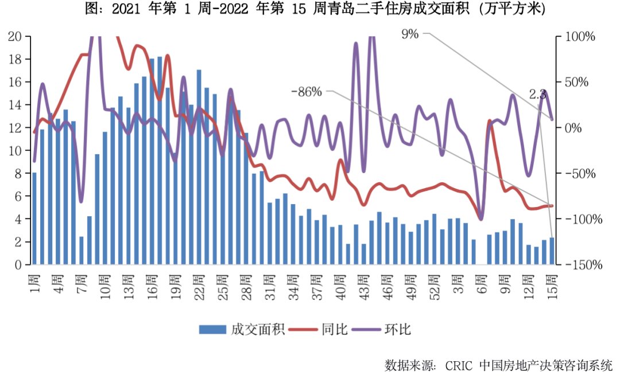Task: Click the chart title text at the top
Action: point(311,10)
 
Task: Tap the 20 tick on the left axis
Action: point(15,36)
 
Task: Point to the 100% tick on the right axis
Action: point(581,36)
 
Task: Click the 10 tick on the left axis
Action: point(15,151)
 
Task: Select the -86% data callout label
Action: point(307,92)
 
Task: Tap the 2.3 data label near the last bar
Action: point(537,95)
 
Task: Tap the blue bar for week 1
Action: point(34,218)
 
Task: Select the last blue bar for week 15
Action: point(552,251)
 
